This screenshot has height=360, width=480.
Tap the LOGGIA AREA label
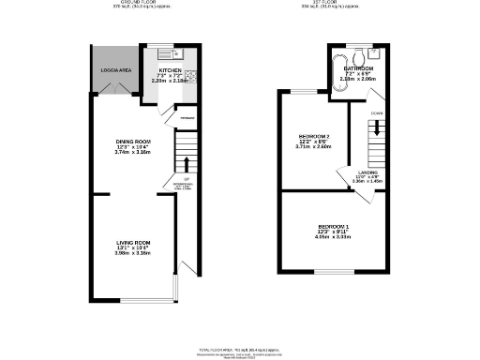tap(114, 71)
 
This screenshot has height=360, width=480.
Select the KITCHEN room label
tap(170, 70)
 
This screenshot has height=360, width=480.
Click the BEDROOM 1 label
tap(334, 227)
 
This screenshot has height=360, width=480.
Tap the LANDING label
tap(368, 172)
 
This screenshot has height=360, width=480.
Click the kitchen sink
tap(163, 53)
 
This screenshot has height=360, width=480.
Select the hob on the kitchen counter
tap(188, 75)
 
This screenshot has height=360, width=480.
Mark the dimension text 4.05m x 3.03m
tap(334, 238)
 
